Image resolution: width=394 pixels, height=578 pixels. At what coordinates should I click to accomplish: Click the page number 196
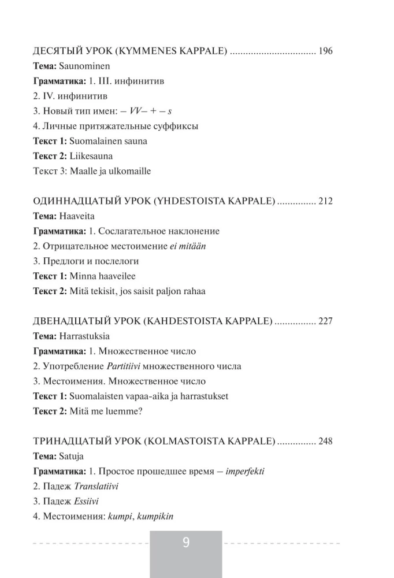coord(325,51)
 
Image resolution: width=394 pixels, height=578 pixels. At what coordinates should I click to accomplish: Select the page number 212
coord(325,201)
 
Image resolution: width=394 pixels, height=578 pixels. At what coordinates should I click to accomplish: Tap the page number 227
coord(325,321)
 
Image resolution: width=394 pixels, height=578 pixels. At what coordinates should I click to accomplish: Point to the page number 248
coord(325,441)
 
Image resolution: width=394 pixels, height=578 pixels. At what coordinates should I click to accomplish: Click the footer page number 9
coord(186,543)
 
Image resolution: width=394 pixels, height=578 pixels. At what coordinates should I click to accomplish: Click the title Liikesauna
coord(91,156)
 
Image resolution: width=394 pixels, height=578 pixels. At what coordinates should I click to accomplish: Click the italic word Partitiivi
coord(124,366)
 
